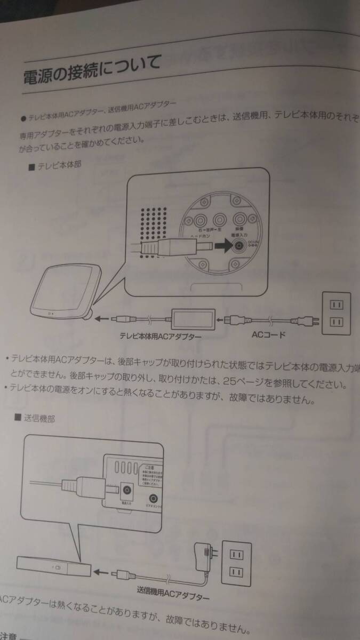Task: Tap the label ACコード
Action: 268,335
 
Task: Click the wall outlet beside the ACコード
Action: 335,314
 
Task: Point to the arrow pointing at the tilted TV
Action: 103,319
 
